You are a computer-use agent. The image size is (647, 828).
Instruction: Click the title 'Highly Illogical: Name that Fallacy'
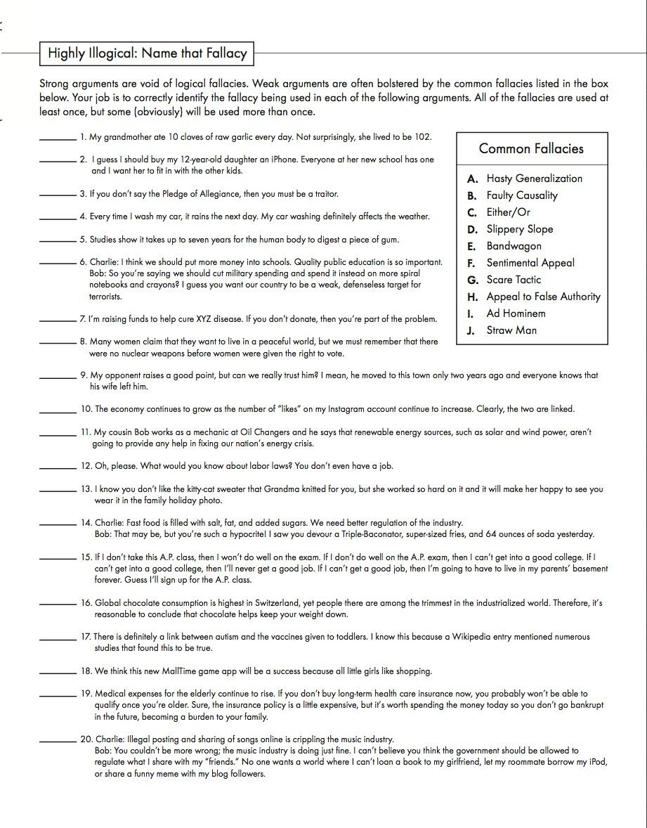[x=147, y=53]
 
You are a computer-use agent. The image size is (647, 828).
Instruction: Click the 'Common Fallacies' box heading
[x=531, y=148]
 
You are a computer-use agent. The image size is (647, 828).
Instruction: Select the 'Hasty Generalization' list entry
[x=534, y=179]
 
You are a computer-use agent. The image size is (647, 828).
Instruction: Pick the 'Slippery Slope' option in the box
[x=519, y=229]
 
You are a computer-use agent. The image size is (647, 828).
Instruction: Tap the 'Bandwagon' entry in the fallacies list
[x=514, y=246]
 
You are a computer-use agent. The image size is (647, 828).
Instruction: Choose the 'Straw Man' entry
[x=512, y=330]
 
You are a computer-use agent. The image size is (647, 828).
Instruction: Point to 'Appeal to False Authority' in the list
[x=543, y=297]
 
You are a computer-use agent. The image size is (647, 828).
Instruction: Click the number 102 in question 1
[x=423, y=137]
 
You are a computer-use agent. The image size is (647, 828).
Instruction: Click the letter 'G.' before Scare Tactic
[x=473, y=280]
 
